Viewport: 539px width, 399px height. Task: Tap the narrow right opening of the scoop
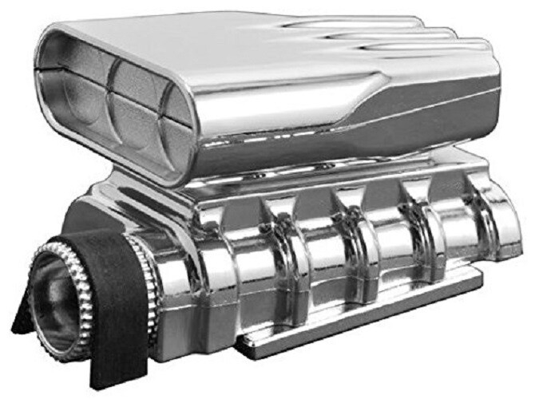coord(179,124)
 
